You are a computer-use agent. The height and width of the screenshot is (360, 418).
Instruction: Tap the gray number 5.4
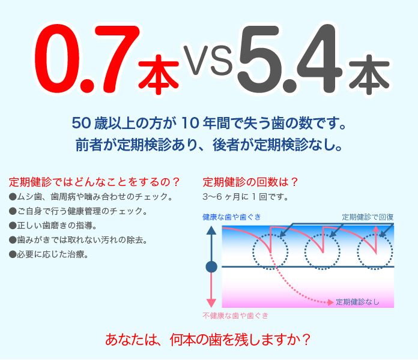click(x=290, y=59)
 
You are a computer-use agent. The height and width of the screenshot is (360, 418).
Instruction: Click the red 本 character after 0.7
click(x=159, y=74)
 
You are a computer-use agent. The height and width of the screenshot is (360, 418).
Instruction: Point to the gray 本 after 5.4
click(x=369, y=74)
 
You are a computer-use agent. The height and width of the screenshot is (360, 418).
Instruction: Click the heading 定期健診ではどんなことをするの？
click(x=94, y=182)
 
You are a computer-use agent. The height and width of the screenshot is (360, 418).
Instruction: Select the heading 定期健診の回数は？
click(x=250, y=182)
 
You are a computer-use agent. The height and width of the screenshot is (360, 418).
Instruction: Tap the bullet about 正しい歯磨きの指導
click(x=53, y=226)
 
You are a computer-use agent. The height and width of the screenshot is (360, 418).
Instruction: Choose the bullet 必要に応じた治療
click(x=49, y=254)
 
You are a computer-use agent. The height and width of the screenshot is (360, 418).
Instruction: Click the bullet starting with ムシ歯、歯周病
click(x=91, y=197)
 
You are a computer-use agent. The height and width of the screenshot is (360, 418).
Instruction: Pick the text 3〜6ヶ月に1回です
click(x=246, y=197)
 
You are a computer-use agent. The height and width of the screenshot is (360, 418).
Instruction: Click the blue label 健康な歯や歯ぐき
click(x=232, y=217)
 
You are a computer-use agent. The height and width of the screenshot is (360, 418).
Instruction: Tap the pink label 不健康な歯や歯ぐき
click(x=235, y=316)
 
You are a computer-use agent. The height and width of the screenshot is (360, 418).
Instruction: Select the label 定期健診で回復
click(x=368, y=217)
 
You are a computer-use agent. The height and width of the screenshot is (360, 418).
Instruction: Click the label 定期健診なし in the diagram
click(x=357, y=302)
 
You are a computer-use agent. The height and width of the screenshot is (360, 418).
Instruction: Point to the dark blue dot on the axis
click(x=211, y=267)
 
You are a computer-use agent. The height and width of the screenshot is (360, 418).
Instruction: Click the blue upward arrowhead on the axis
click(x=211, y=230)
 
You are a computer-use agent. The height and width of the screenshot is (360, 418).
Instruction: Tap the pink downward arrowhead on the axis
click(x=211, y=303)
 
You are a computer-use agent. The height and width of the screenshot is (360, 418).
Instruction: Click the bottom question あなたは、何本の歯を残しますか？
click(x=208, y=340)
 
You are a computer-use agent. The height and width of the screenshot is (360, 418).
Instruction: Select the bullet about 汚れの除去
click(x=78, y=240)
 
